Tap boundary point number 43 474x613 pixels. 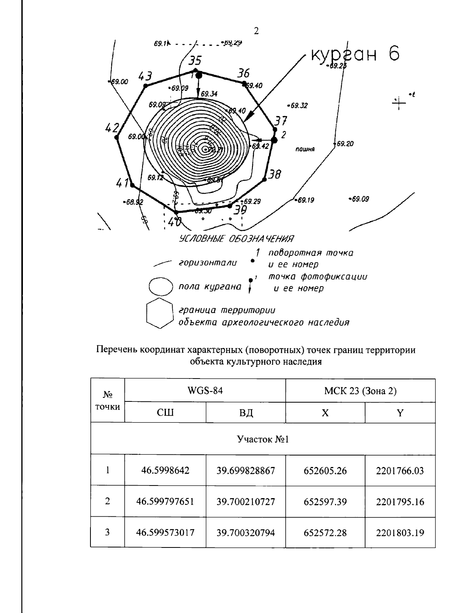(145, 76)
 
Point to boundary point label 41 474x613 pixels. (123, 183)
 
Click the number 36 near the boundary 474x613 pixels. (243, 73)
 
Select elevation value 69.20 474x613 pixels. (345, 144)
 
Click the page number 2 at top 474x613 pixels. (256, 31)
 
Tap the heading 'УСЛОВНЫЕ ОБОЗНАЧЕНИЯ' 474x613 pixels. (237, 239)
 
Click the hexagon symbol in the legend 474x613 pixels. (159, 314)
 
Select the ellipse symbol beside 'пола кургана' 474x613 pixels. (161, 286)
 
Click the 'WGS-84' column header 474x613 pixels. (205, 391)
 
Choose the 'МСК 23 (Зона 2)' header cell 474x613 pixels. (360, 391)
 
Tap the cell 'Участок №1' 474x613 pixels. (263, 439)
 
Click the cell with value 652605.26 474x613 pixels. (325, 471)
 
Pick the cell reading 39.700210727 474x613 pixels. (246, 502)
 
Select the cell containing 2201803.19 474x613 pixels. (400, 533)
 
